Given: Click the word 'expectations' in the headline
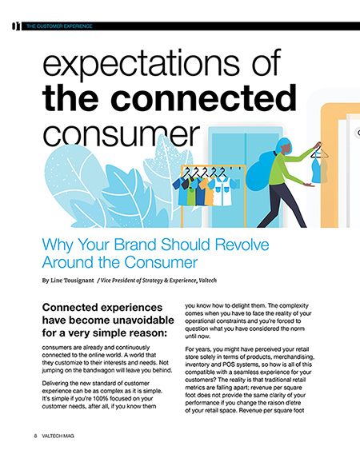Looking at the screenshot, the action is point(142,63).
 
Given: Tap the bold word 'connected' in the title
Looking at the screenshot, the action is point(203,98).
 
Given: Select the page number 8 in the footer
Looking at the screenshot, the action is point(35,436).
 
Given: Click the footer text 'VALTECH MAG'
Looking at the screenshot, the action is point(58,436).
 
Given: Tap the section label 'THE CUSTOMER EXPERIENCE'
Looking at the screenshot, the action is point(59,26).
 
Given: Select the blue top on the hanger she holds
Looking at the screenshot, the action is point(318,171).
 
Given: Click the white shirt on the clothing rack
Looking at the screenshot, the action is point(222,191).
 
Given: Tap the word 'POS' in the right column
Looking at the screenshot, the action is point(234,364).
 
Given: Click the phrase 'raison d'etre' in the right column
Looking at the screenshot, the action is point(282,403).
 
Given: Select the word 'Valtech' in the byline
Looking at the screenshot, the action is point(208,281).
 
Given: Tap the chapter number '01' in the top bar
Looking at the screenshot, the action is point(16,26).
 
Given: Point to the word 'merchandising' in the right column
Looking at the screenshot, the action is point(294,356).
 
